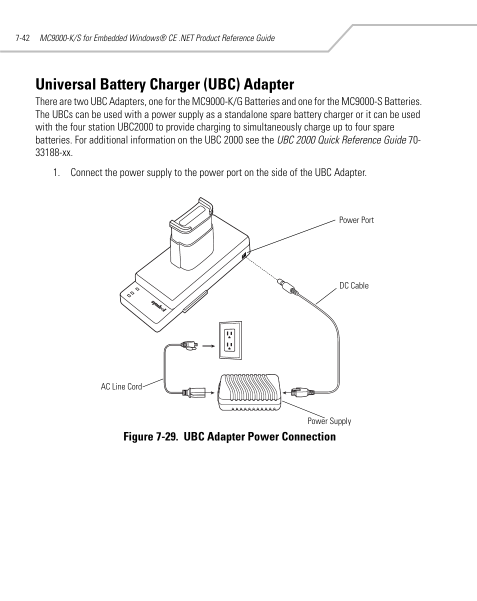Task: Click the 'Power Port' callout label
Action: [x=356, y=220]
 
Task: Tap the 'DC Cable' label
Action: [x=353, y=285]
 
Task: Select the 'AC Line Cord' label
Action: [x=121, y=386]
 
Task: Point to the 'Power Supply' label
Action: [x=329, y=421]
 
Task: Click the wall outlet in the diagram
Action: [x=230, y=339]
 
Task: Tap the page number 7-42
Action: [x=23, y=38]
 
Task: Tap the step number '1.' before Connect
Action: [x=57, y=173]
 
